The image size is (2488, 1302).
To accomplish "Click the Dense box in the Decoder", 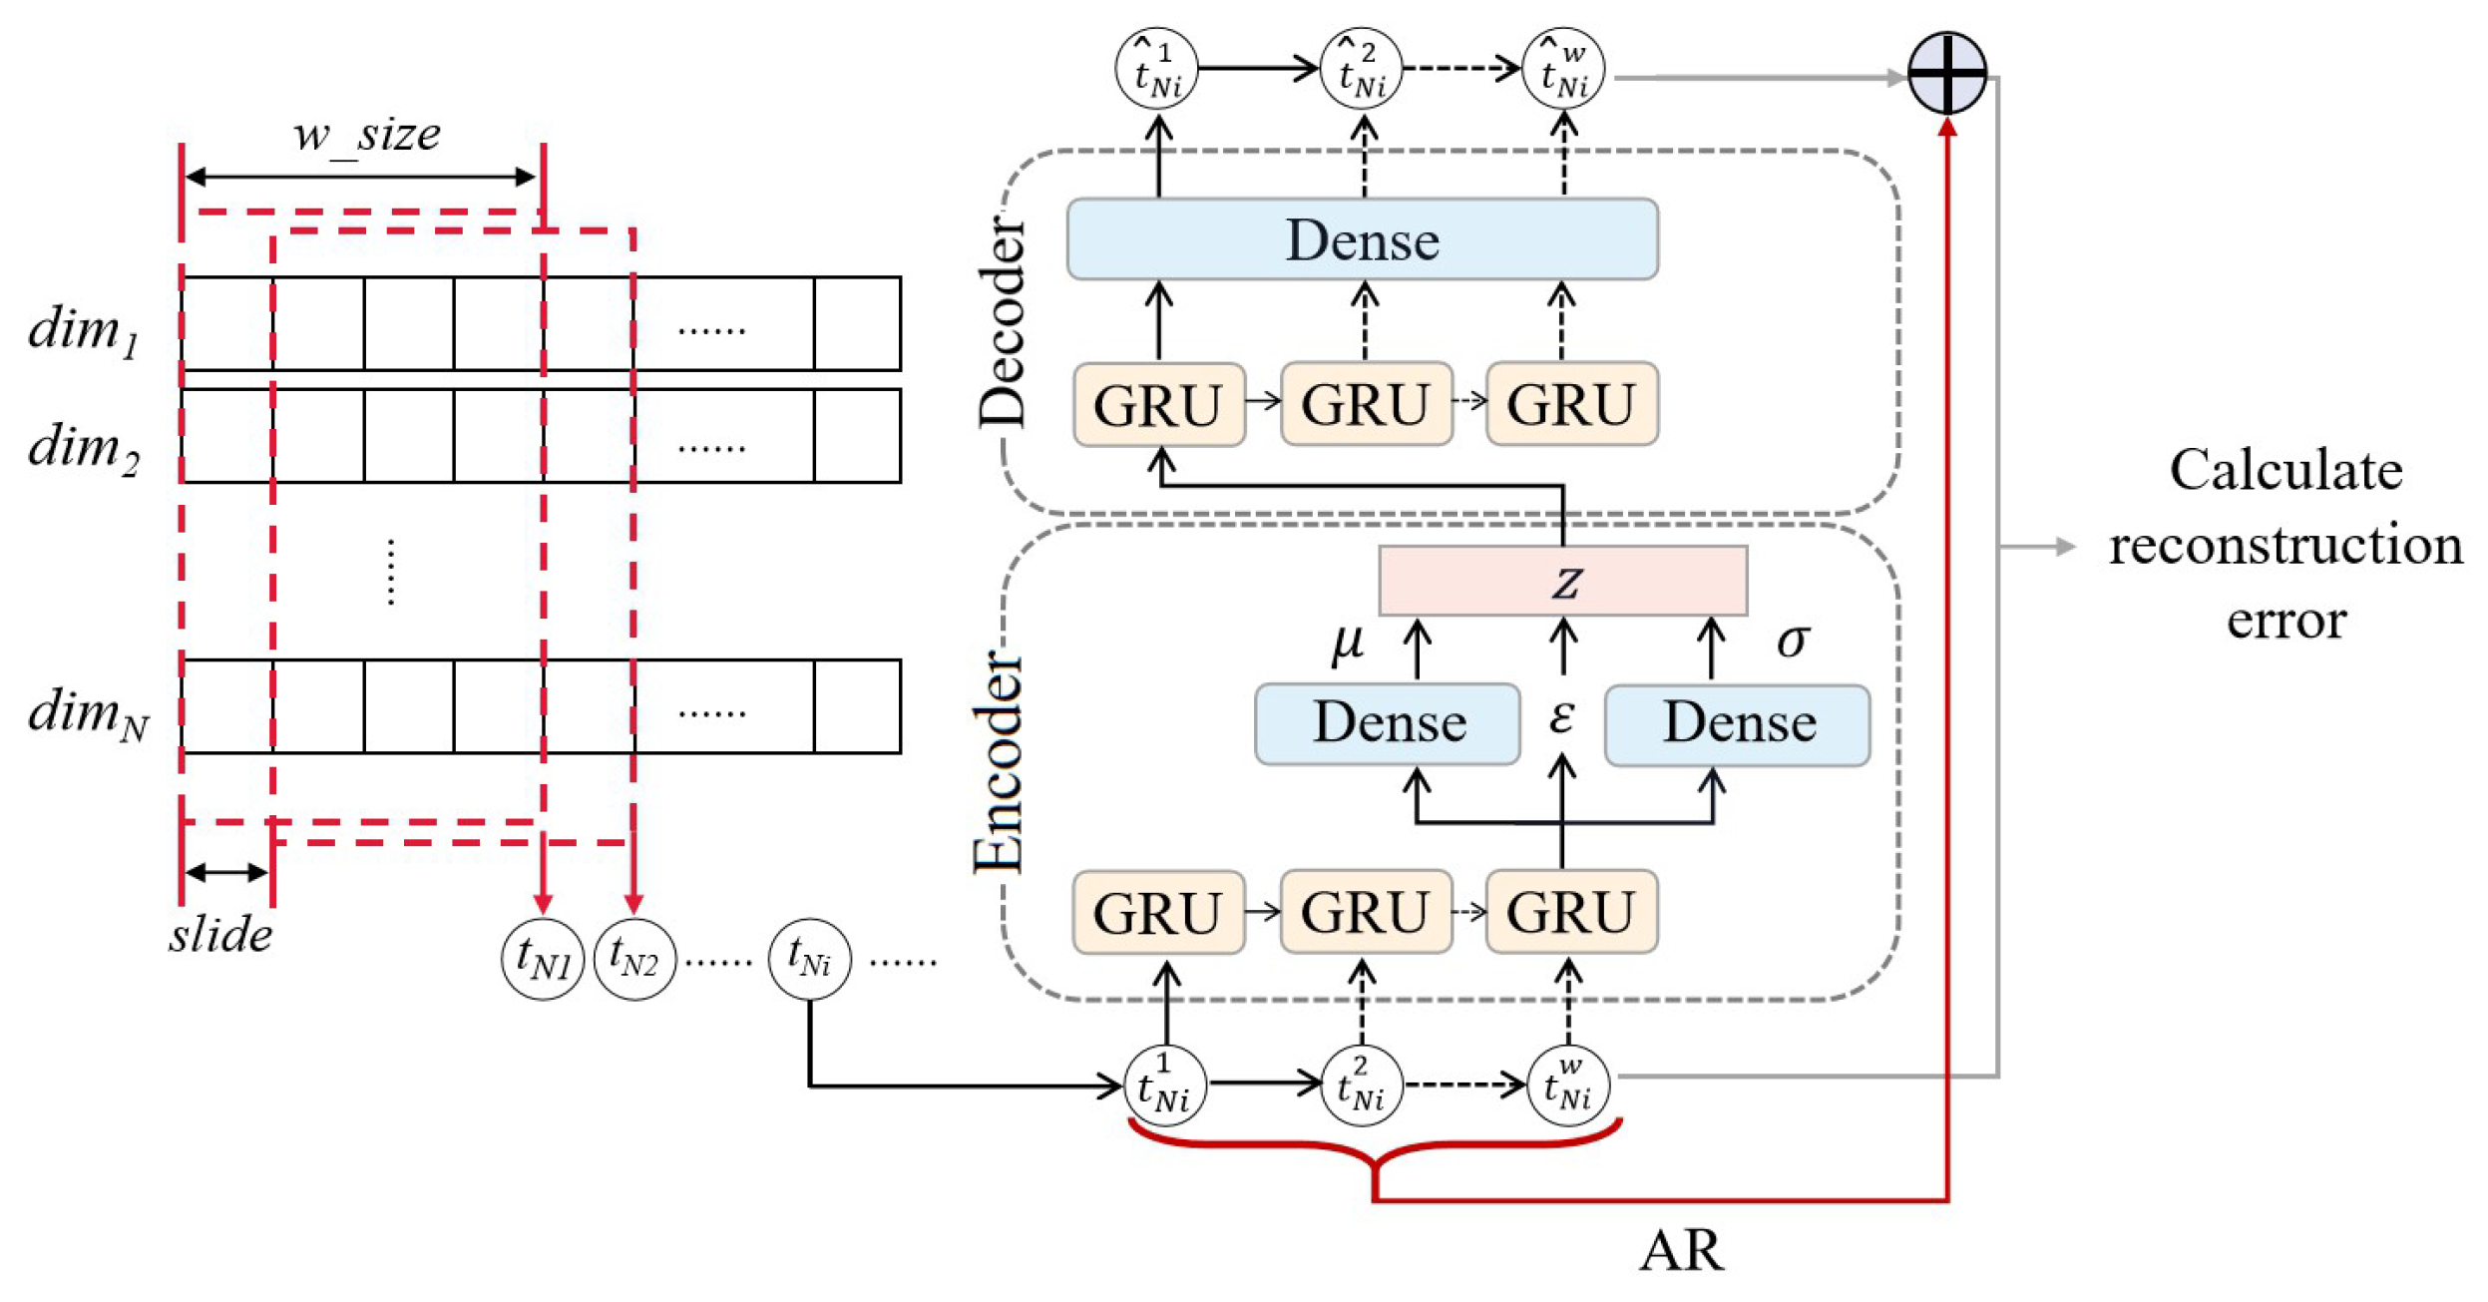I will pyautogui.click(x=1362, y=239).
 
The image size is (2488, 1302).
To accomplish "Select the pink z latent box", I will pyautogui.click(x=1561, y=580).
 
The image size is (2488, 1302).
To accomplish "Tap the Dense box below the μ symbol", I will pyautogui.click(x=1387, y=723).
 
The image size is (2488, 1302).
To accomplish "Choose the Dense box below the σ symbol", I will pyautogui.click(x=1736, y=723).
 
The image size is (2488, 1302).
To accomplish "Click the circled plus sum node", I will pyautogui.click(x=1945, y=73).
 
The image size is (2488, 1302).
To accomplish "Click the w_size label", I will pyautogui.click(x=366, y=135).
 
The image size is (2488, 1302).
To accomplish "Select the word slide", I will pyautogui.click(x=220, y=935).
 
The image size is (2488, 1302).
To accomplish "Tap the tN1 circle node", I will pyautogui.click(x=542, y=959).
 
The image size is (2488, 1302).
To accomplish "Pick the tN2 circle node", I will pyautogui.click(x=633, y=959).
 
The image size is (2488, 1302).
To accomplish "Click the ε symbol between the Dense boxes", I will pyautogui.click(x=1561, y=715).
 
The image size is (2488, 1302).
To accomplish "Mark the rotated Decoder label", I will pyautogui.click(x=1001, y=322).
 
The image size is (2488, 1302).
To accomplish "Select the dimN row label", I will pyautogui.click(x=88, y=713).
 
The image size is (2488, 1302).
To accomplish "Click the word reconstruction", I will pyautogui.click(x=2284, y=546).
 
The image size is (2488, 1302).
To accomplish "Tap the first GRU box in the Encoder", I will pyautogui.click(x=1157, y=912).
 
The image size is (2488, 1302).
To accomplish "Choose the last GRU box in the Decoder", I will pyautogui.click(x=1570, y=404).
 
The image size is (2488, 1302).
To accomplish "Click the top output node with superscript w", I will pyautogui.click(x=1562, y=69).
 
